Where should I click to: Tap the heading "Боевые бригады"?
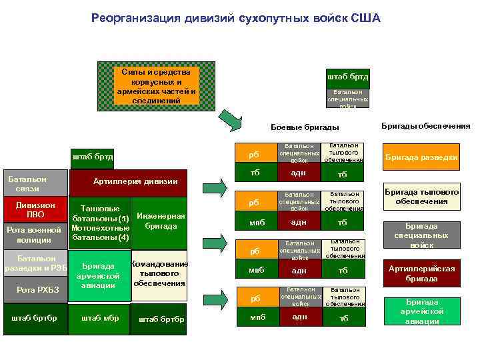[305, 127]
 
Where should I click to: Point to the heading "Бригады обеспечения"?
[425, 125]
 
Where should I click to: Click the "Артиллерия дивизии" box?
[136, 181]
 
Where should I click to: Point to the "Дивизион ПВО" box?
[35, 210]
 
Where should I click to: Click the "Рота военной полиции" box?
[34, 235]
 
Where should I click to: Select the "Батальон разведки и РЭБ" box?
[35, 263]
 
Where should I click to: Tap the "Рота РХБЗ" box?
[35, 289]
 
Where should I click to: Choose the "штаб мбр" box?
[100, 318]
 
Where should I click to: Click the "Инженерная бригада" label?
[160, 221]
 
